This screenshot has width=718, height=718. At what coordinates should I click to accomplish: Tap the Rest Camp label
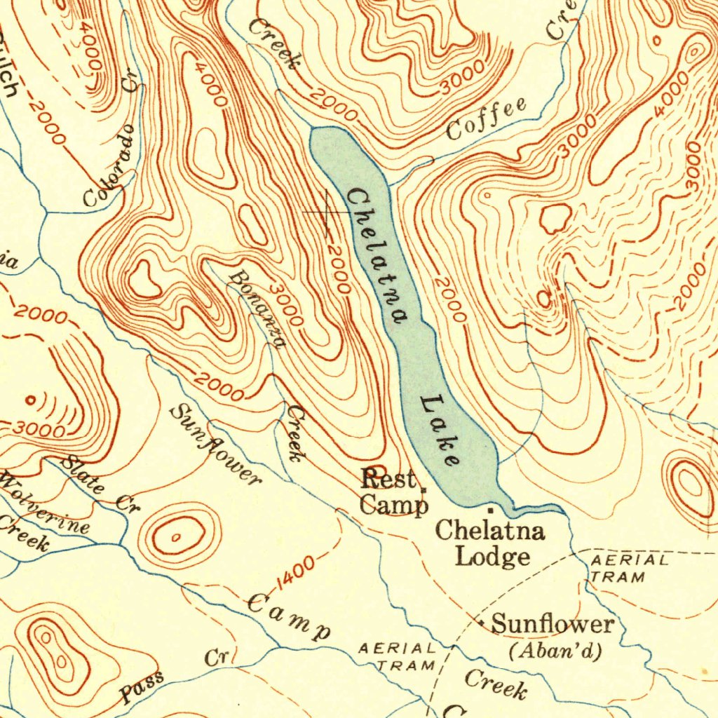[x=393, y=493]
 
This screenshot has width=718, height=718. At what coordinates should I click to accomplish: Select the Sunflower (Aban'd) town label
[x=552, y=635]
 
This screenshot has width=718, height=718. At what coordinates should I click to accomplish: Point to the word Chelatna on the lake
[x=376, y=256]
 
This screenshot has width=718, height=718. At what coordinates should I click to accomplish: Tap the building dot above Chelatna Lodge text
[x=490, y=507]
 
